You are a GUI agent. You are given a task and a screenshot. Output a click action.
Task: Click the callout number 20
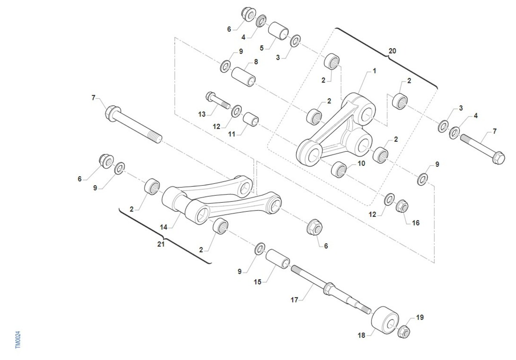[x=392, y=51]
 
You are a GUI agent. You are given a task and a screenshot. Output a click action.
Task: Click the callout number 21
[x=161, y=244]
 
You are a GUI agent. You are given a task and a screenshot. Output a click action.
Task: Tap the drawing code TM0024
[x=18, y=340]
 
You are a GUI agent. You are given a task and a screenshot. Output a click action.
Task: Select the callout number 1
[x=375, y=71]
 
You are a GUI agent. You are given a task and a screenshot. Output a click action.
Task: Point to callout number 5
[x=261, y=48]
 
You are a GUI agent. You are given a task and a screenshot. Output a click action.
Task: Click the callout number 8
[x=256, y=62]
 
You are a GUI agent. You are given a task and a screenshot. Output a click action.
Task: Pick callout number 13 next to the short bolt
[x=202, y=114]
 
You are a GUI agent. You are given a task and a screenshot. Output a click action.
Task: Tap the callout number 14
[x=163, y=227]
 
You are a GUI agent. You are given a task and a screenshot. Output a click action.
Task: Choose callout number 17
[x=295, y=300]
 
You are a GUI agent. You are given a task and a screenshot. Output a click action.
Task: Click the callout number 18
[x=362, y=336]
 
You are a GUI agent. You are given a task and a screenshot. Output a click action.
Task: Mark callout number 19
[x=420, y=317]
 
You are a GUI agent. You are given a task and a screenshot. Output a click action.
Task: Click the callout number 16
[x=416, y=223]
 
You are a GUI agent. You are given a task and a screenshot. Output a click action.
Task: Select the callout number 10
[x=361, y=163]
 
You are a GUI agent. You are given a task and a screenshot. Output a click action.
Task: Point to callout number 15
[x=258, y=282]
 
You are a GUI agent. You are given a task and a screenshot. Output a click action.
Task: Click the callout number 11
[x=232, y=134]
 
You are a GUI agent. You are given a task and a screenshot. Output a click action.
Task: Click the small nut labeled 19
[x=404, y=332]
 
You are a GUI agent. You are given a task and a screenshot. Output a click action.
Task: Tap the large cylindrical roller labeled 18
[x=385, y=320]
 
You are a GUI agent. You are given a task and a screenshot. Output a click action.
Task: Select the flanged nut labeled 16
[x=402, y=206]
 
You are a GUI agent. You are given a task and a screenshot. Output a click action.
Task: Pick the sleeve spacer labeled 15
[x=278, y=259]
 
